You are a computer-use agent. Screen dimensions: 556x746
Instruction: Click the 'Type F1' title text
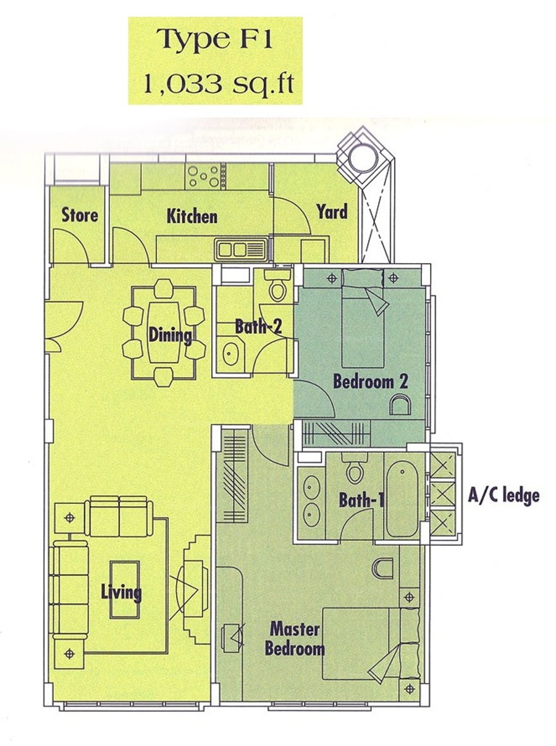coord(214,40)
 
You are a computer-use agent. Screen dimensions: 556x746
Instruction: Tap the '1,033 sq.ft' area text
coord(219,83)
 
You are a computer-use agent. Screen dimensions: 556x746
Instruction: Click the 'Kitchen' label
coord(192,216)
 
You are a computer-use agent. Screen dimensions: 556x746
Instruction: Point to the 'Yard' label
coord(332,212)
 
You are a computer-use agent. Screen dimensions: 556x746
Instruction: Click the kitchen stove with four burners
coord(204,176)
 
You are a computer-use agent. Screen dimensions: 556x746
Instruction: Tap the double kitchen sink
coord(240,250)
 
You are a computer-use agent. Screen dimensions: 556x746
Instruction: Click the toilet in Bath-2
coord(277,287)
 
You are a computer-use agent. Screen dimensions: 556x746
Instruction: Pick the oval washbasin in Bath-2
coord(230,354)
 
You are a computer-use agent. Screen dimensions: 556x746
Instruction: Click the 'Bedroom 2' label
coord(371,382)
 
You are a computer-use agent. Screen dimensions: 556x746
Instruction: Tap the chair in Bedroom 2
coord(400,405)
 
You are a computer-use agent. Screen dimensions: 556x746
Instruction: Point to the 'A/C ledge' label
coord(503,495)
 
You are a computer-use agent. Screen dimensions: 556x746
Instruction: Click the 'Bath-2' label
coord(258,326)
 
